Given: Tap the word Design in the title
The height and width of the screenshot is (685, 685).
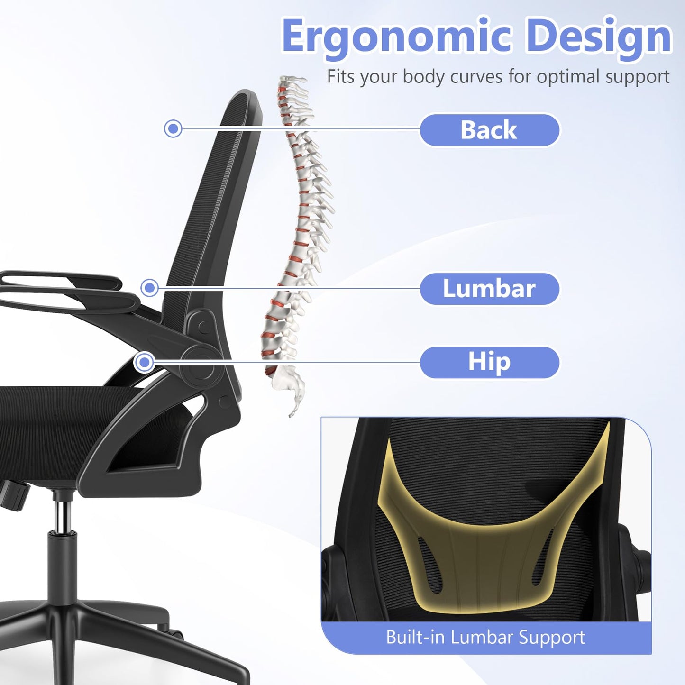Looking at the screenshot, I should point(599,37).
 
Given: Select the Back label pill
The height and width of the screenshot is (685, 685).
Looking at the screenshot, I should point(489,130).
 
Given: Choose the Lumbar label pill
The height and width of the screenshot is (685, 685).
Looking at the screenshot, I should point(489,289).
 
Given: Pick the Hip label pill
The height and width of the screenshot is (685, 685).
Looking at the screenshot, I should point(489,362).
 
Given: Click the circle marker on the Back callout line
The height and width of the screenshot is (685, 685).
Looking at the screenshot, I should point(173,128).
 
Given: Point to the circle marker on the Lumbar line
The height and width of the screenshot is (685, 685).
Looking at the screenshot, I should point(150,287).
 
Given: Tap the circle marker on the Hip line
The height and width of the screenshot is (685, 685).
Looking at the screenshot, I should point(144,363).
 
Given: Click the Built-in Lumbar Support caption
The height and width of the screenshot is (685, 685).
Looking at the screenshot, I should point(485,637).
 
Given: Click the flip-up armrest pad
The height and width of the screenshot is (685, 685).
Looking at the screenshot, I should point(62,284).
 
